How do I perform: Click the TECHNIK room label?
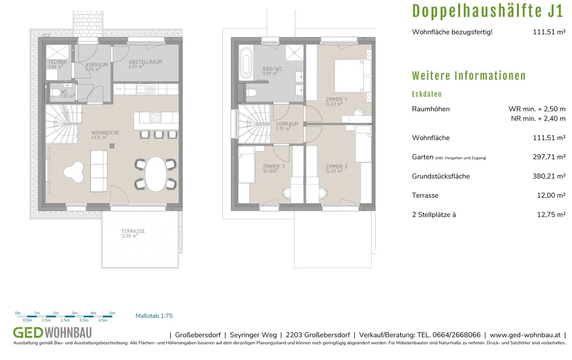[x=57, y=62]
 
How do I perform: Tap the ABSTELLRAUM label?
[x=146, y=62]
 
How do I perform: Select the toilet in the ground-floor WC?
[x=55, y=92]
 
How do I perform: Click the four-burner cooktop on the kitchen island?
[x=155, y=118]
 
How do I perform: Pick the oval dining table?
[x=156, y=174]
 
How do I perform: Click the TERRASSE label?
[x=133, y=231]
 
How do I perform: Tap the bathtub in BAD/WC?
[x=246, y=63]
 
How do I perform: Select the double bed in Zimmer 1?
[x=352, y=76]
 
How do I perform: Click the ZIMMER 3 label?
[x=274, y=166]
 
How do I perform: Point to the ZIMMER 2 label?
[x=337, y=166]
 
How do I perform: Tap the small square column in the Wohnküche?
[x=112, y=146]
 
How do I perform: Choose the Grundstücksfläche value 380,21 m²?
[x=549, y=176]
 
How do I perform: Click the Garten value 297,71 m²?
[x=549, y=157]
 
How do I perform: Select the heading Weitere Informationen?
[x=469, y=76]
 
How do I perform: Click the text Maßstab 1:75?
[x=154, y=316]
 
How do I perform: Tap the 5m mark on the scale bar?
[x=112, y=313]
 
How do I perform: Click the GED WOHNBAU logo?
[x=53, y=333]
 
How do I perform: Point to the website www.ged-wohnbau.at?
[x=525, y=335]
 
